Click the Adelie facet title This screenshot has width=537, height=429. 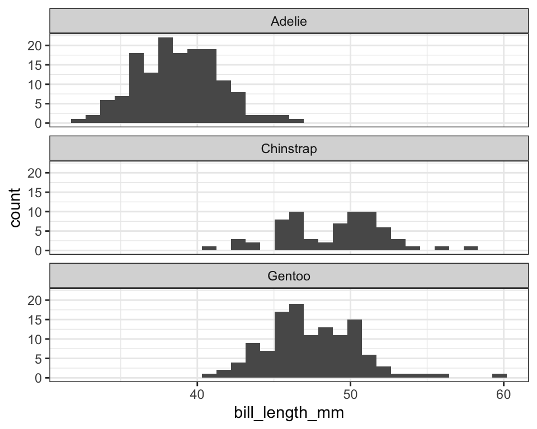pos(289,21)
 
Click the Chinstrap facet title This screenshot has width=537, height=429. pos(289,149)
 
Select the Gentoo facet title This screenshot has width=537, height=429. pos(289,276)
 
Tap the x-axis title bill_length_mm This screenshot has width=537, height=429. pos(289,413)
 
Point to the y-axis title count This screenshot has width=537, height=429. pos(15,207)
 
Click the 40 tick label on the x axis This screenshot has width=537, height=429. pos(197,394)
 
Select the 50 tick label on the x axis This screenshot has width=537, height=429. pos(350,394)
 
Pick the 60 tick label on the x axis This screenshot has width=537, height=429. pos(503,394)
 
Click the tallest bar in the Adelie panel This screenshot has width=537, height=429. pos(166,80)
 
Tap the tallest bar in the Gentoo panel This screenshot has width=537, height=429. pos(296,341)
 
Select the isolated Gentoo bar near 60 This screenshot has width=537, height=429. pos(500,375)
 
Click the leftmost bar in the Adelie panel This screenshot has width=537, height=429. pos(78,121)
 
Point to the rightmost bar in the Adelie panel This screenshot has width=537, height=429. pos(296,121)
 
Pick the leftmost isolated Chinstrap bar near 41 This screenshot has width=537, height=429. pos(209,249)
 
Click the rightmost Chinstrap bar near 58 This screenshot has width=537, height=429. pos(470,249)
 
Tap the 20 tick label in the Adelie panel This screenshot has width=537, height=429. pos(34,45)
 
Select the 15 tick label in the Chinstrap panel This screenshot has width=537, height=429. pos(34,193)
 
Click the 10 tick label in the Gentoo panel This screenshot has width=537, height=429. pos(34,339)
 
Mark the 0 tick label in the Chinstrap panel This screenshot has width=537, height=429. pos(38,251)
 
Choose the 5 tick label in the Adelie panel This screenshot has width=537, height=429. pos(38,104)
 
